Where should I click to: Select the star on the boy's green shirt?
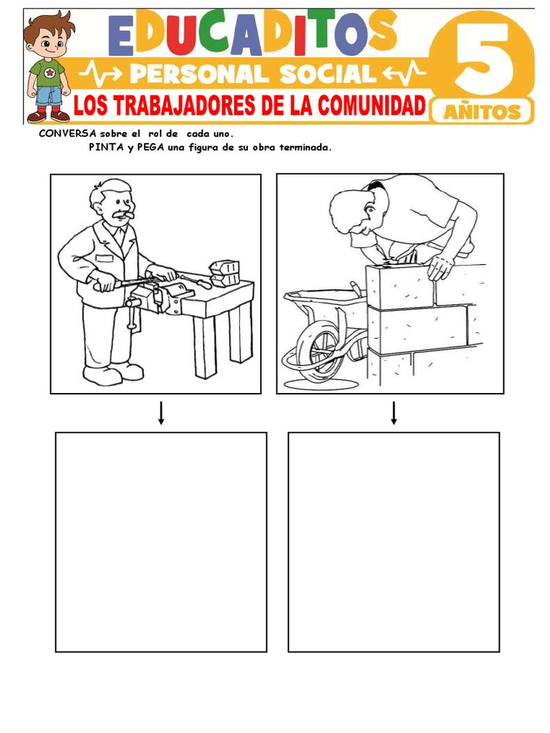pyautogui.click(x=49, y=72)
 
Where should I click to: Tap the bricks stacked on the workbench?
pyautogui.click(x=224, y=271)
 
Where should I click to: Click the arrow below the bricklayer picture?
pyautogui.click(x=394, y=413)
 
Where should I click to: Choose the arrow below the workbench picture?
pyautogui.click(x=161, y=413)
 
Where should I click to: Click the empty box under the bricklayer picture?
pyautogui.click(x=393, y=542)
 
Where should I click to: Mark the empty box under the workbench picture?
pyautogui.click(x=161, y=542)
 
